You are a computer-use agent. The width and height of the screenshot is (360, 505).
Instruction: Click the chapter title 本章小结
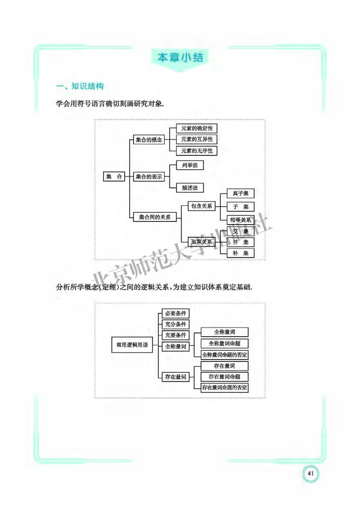click(x=180, y=58)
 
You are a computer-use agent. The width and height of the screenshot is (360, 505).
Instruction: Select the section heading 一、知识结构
click(x=79, y=86)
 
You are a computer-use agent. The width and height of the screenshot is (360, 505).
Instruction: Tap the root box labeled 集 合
click(x=114, y=177)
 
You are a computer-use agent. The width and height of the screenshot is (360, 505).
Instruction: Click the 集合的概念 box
click(x=148, y=140)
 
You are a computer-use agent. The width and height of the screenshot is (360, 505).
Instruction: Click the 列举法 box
click(x=186, y=165)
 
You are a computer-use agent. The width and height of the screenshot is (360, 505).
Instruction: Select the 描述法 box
click(x=186, y=187)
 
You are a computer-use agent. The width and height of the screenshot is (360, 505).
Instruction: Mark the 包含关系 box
click(x=201, y=206)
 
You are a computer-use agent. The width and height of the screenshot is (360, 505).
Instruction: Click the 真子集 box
click(x=240, y=194)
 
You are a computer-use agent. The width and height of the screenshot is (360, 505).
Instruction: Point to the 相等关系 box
click(x=240, y=220)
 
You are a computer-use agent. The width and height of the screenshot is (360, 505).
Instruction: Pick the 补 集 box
click(x=240, y=253)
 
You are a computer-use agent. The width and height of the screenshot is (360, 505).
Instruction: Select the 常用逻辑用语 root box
click(x=132, y=345)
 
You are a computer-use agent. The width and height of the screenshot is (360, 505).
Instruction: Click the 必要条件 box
click(x=175, y=313)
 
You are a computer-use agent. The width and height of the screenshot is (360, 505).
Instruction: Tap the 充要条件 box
click(x=175, y=335)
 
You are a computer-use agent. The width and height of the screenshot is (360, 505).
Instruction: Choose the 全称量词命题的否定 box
click(x=225, y=354)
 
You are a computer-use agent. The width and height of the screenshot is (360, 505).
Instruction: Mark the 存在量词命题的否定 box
click(x=225, y=387)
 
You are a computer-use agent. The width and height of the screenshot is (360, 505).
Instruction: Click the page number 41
click(x=310, y=473)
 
